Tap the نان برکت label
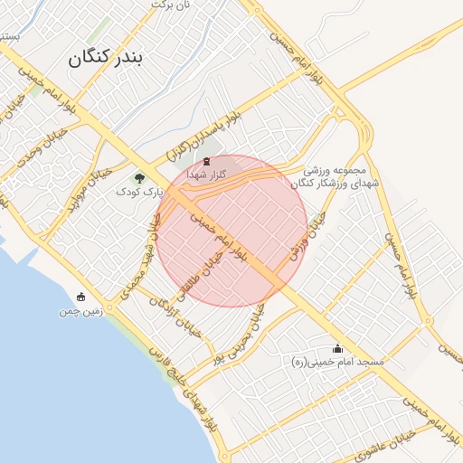[172, 5]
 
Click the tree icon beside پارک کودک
[138, 178]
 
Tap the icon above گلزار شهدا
[206, 161]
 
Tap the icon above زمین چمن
[81, 297]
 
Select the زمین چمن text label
[77, 311]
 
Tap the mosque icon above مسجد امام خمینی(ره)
[338, 348]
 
